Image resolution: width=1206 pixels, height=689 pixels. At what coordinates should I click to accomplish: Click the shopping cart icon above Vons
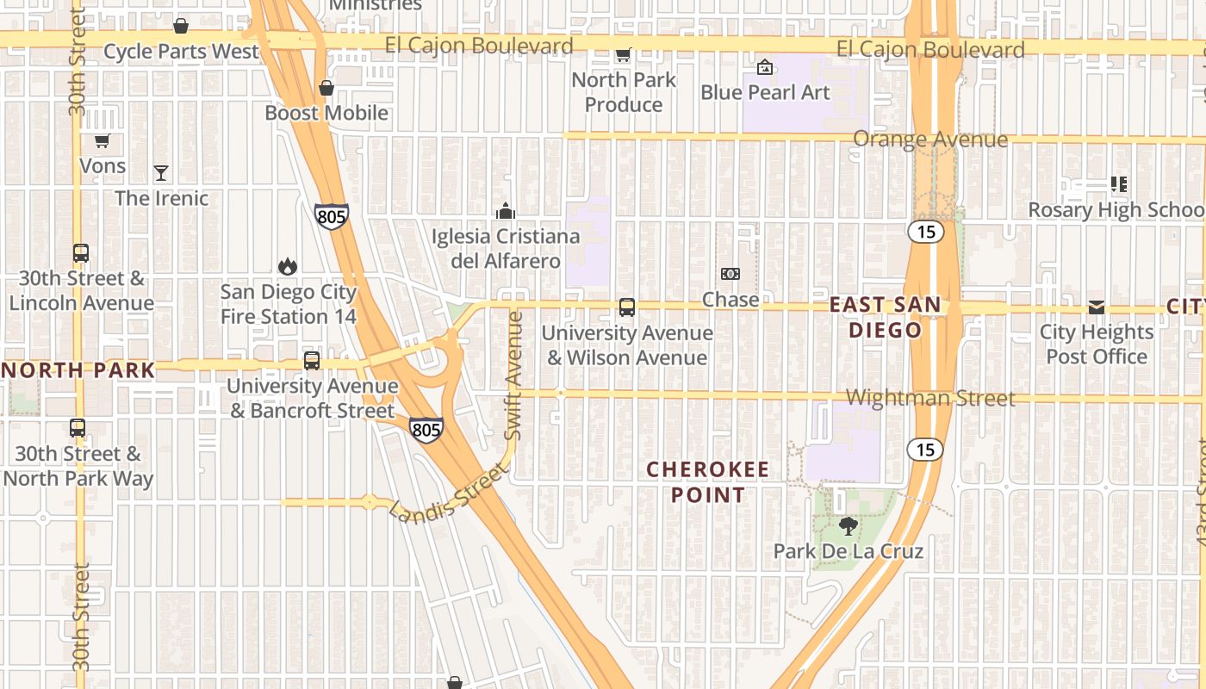point(103,140)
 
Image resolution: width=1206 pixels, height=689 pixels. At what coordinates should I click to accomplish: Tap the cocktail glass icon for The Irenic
point(161,173)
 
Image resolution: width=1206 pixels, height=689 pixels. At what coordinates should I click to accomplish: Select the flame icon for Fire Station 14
point(288,267)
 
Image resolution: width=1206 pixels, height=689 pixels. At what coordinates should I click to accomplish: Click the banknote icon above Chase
point(730,274)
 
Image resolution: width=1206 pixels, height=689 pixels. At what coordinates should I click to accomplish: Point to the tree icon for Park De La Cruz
point(849,525)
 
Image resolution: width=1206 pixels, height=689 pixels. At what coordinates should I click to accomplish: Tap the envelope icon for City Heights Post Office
point(1096,307)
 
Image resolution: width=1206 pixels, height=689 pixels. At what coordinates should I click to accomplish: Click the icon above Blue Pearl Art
point(765,67)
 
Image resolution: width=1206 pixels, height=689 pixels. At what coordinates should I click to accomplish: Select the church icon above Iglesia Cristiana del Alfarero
point(506,210)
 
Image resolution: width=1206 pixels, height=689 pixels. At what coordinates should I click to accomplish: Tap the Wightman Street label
point(930,398)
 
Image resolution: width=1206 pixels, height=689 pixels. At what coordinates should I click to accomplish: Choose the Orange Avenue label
point(930,140)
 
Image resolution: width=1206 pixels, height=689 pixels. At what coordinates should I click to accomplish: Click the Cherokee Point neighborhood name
point(695,482)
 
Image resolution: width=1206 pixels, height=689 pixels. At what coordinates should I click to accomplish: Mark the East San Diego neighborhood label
point(886,317)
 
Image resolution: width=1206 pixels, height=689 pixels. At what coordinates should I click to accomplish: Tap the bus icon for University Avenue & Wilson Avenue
point(627,307)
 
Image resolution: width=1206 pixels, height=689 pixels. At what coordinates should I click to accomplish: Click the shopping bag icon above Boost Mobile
point(326,88)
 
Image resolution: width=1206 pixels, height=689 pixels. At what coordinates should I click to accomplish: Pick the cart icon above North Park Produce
point(623,55)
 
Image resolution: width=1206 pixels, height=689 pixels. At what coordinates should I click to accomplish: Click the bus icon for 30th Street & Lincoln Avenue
point(81,253)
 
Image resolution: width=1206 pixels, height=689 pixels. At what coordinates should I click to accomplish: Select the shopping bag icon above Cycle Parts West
point(181,26)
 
